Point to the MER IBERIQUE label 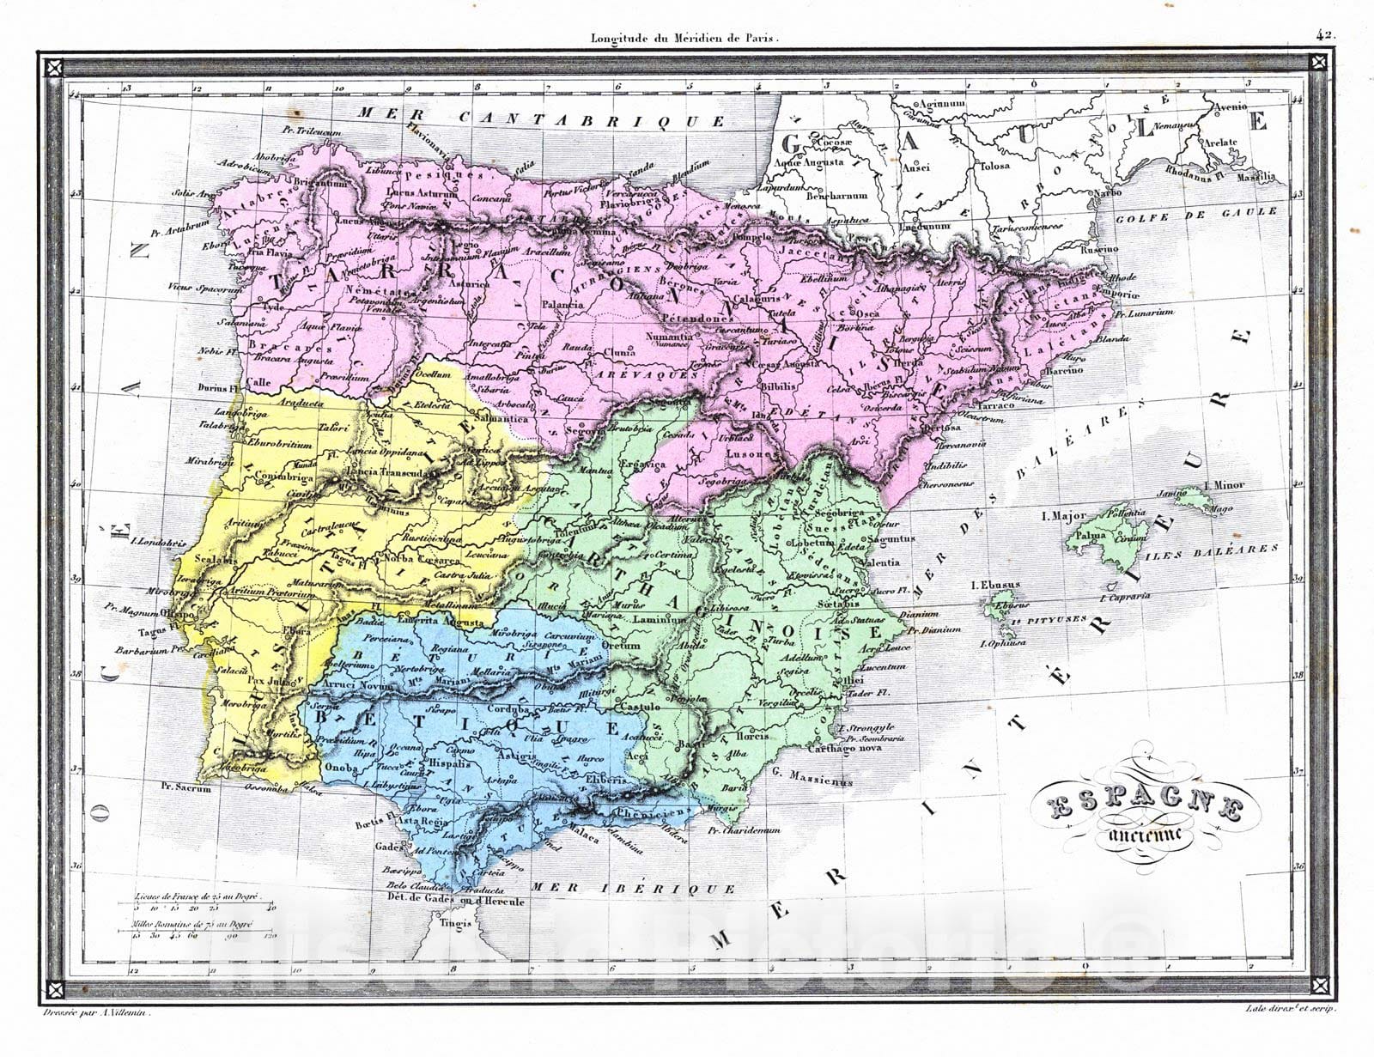click(x=633, y=889)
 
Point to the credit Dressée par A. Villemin click(x=95, y=1014)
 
